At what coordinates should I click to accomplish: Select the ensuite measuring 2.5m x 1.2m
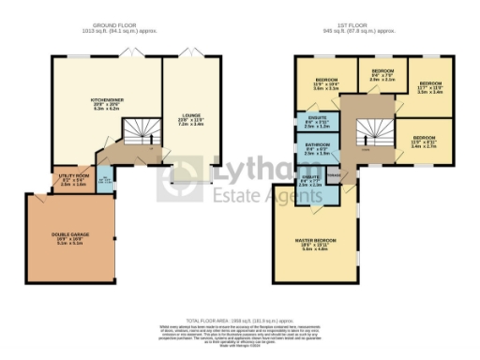[316, 123]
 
